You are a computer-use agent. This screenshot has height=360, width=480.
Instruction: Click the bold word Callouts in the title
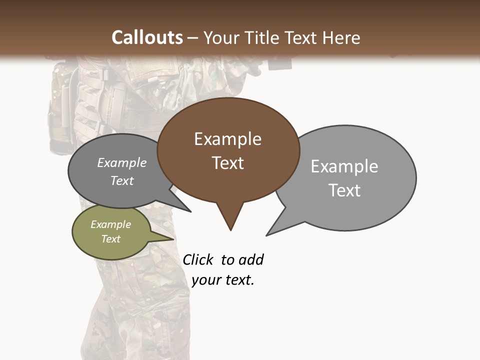(x=147, y=37)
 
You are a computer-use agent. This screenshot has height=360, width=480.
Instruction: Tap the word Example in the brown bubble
(x=227, y=139)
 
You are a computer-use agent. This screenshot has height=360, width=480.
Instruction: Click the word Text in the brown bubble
(x=227, y=163)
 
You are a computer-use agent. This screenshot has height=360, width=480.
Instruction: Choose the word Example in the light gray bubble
(x=344, y=166)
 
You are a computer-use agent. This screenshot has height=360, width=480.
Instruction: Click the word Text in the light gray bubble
(x=344, y=190)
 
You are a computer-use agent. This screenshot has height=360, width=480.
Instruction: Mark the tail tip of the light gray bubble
(x=267, y=235)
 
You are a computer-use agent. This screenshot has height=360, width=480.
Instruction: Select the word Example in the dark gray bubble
(x=121, y=163)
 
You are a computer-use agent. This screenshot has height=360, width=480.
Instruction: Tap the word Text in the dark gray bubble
(x=121, y=181)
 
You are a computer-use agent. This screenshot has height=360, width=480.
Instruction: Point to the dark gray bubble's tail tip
(x=190, y=211)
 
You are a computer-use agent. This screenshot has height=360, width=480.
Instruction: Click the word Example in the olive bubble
(x=110, y=224)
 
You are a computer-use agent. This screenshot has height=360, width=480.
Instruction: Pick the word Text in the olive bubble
(x=110, y=239)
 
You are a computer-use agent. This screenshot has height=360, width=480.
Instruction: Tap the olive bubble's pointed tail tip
(x=173, y=238)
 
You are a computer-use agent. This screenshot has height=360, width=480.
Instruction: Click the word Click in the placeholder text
(x=197, y=260)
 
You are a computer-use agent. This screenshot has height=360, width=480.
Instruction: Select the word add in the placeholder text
(x=251, y=260)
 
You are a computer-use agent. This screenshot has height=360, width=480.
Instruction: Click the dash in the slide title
(x=193, y=38)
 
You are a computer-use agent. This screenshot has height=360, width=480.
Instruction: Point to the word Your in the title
(x=221, y=37)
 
